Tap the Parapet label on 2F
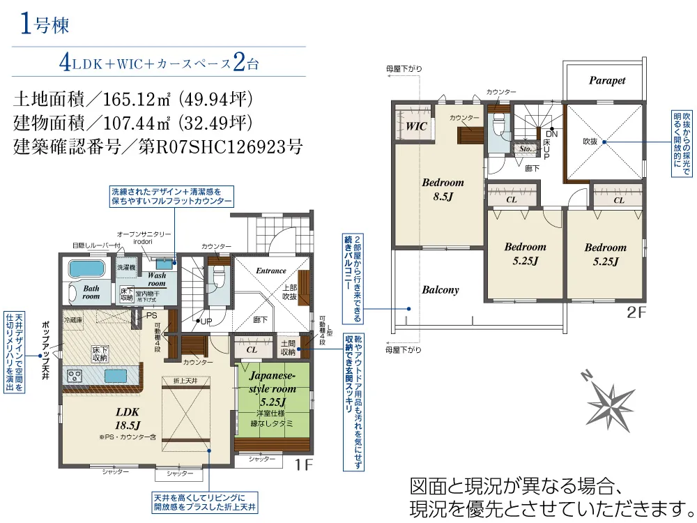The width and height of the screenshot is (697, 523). click(x=606, y=80)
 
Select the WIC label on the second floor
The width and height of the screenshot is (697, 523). click(x=416, y=127)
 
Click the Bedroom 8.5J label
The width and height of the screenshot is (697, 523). click(x=443, y=189)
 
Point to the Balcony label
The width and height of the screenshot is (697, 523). click(x=440, y=289)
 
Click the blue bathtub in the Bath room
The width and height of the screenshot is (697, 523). click(x=85, y=268)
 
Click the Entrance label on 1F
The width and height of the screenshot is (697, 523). click(x=271, y=271)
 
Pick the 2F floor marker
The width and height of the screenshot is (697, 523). click(x=637, y=312)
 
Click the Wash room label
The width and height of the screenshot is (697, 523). click(x=156, y=280)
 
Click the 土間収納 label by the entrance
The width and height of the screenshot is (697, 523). click(x=287, y=347)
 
